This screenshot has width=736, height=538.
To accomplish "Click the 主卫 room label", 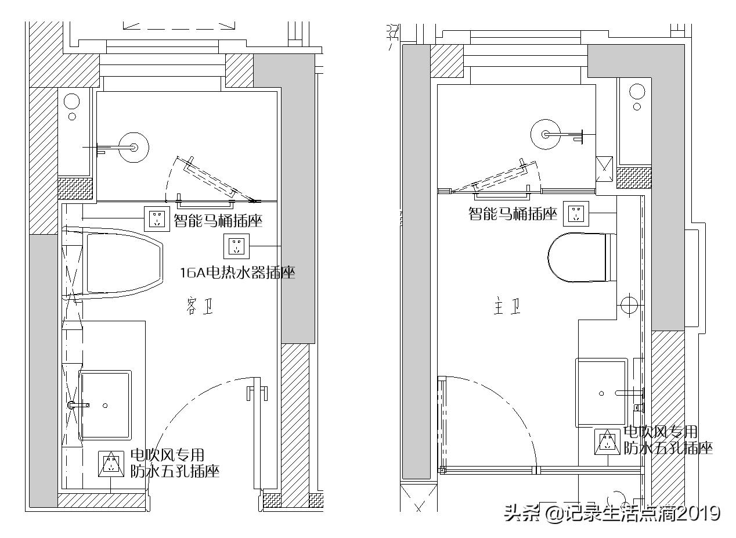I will coord(506,308).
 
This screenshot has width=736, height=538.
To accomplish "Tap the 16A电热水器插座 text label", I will coord(237,272).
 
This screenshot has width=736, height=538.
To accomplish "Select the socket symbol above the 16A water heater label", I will coord(236,246).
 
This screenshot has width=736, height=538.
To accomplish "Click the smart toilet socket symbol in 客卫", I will coord(157,219).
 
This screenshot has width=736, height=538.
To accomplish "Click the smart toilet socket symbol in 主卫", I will coord(576,213).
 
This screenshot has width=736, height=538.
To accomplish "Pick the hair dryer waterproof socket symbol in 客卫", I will coord(111,464).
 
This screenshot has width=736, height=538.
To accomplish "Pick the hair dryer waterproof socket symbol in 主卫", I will coord(607,442).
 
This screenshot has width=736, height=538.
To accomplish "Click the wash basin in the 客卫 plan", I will coord(105,405).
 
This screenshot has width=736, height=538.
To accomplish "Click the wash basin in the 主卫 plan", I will coord(601,393).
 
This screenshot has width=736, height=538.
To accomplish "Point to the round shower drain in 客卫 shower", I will coord(134,146).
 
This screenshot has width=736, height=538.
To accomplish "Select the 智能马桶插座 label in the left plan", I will coord(218,221).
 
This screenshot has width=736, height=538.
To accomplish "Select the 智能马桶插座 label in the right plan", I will coord(513,214).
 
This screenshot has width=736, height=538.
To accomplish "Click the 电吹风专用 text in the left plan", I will coord(167,455).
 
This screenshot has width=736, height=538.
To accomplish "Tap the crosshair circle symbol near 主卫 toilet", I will coord(629,304).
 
